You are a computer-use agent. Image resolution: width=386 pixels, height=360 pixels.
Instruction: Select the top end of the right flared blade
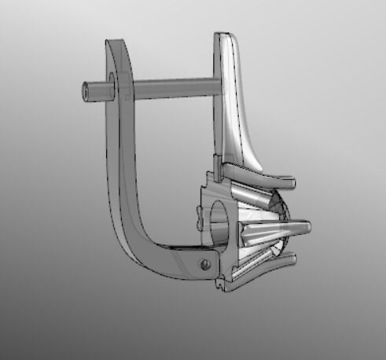point(224,36)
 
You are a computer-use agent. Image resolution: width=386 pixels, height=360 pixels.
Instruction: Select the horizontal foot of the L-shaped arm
point(173,259)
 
